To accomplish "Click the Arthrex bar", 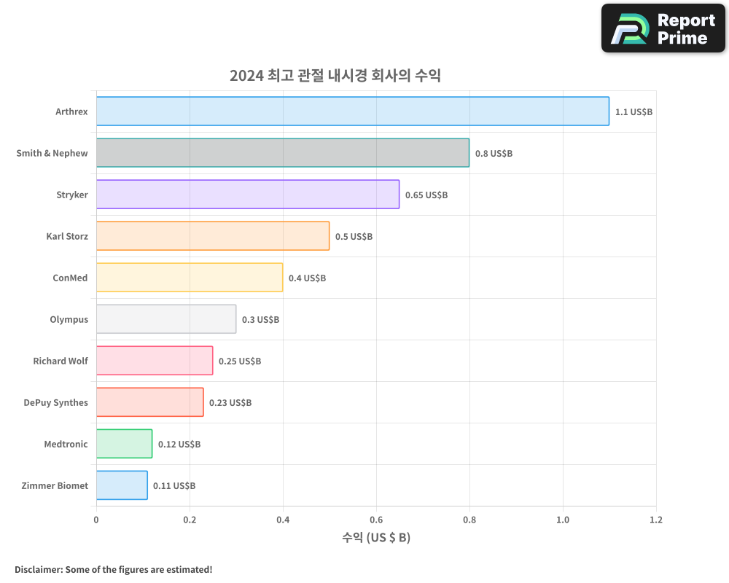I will [352, 111].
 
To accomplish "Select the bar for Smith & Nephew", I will [282, 153].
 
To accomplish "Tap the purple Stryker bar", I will [247, 195].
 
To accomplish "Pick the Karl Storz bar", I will [212, 236].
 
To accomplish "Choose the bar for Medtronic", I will [124, 444].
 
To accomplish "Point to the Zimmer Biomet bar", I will [122, 485].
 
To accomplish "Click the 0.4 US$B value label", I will [307, 278].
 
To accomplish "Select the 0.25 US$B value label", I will [240, 361].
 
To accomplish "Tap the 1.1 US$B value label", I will [634, 112].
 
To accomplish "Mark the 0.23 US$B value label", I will [230, 403].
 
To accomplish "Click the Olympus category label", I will [69, 320].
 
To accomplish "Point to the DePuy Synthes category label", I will [55, 403].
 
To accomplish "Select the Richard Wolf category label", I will [61, 361].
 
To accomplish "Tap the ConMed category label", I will [70, 278].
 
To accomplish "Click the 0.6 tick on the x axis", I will [376, 520].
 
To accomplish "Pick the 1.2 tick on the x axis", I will [656, 520].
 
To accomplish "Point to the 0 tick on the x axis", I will [96, 520].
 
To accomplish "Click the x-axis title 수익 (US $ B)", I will [376, 538].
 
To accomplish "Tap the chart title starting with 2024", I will [335, 76].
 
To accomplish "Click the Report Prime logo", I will [663, 28].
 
